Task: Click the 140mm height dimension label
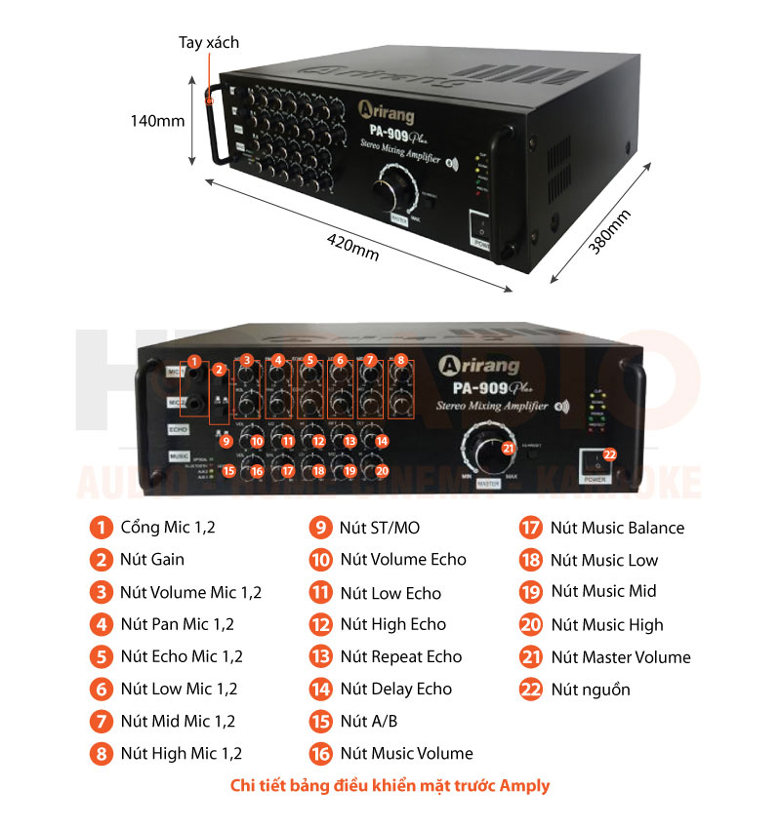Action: (158, 121)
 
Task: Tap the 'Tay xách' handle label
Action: (208, 43)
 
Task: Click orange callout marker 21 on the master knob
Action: (508, 449)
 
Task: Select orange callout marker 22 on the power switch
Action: (610, 454)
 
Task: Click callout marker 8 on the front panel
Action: (400, 361)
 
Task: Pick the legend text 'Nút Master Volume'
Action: (620, 657)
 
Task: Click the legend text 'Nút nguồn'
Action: (590, 690)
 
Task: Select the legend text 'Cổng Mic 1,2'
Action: (167, 528)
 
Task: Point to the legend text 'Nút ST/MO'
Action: (379, 528)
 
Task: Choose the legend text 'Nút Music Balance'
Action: (617, 528)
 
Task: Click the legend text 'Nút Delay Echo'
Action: (395, 689)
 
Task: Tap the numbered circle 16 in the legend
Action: (321, 753)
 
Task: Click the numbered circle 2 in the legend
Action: (101, 560)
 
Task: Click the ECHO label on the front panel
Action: (178, 428)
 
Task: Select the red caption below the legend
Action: (390, 785)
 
